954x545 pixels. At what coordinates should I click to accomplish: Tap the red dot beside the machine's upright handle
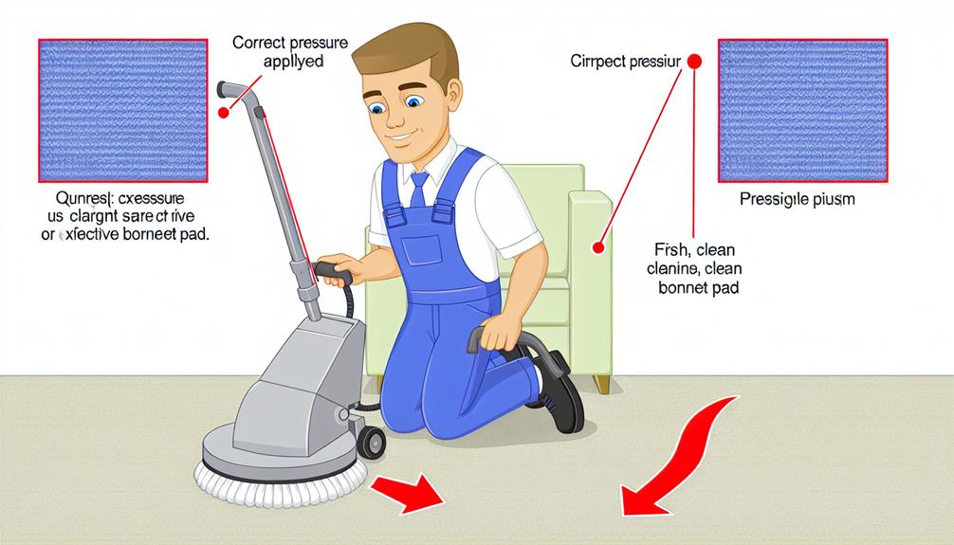tap(224, 113)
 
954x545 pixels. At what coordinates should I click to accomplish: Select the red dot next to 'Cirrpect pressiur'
tap(692, 62)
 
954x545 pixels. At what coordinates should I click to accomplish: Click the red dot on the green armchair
tap(597, 248)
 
